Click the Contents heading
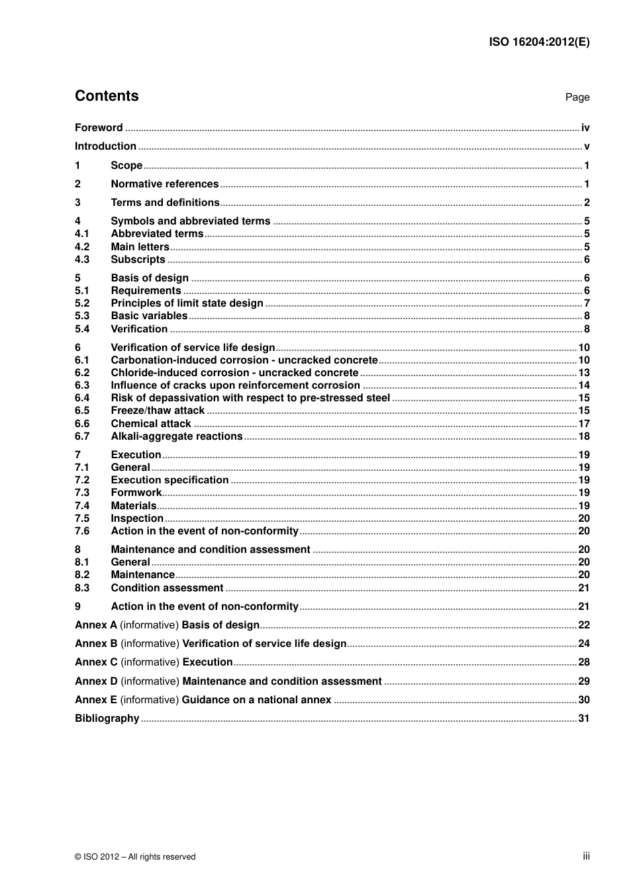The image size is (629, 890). tap(107, 96)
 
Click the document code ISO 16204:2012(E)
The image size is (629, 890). tap(539, 42)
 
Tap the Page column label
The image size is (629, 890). tap(577, 97)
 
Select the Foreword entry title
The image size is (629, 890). tap(99, 128)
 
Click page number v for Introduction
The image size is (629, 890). tap(587, 146)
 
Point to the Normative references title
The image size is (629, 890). tap(164, 184)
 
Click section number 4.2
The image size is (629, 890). tap(82, 247)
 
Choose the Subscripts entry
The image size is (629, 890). tap(138, 260)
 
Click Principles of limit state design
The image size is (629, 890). tap(187, 303)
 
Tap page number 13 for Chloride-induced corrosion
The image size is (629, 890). tap(583, 373)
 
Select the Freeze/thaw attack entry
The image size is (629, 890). tap(158, 411)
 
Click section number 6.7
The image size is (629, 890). tap(82, 436)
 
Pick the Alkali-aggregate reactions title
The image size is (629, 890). tap(177, 436)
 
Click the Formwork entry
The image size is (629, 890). tap(136, 493)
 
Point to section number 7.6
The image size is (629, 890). tap(82, 531)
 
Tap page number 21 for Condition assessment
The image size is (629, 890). tap(583, 588)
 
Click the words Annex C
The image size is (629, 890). tap(96, 662)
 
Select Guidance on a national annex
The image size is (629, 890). tap(256, 700)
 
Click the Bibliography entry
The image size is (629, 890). tap(107, 718)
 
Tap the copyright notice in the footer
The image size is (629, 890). tap(135, 857)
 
